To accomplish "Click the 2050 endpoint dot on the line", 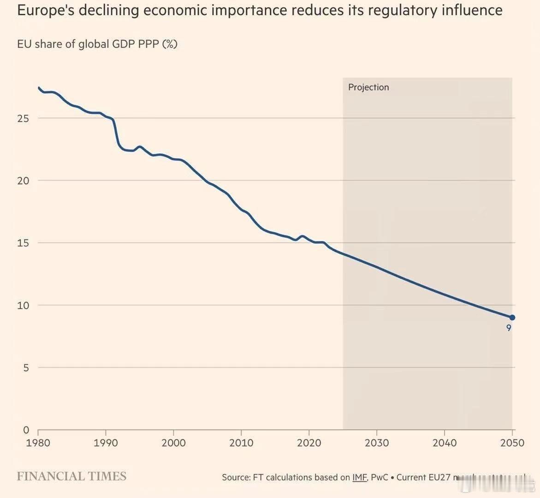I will click(512, 318).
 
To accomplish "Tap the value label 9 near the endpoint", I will click(509, 328).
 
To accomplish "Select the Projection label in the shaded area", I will click(368, 87).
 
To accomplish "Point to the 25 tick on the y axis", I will click(23, 118).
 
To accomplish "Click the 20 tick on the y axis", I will click(23, 181).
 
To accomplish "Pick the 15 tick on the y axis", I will click(23, 243).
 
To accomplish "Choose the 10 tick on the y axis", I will click(23, 306).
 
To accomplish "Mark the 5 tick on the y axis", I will click(26, 368).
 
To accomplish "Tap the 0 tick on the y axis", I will click(26, 430).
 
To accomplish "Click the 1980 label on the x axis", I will click(38, 443).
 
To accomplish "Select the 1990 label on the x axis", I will click(106, 443).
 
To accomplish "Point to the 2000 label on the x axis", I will click(173, 443).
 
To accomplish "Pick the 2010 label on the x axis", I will click(241, 443).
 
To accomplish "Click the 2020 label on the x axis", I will click(309, 443).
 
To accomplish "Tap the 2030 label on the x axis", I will click(377, 443).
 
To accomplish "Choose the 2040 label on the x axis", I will click(445, 443).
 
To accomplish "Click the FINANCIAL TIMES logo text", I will click(71, 477).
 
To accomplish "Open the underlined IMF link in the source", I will click(359, 477).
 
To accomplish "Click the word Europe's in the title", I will click(45, 10).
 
